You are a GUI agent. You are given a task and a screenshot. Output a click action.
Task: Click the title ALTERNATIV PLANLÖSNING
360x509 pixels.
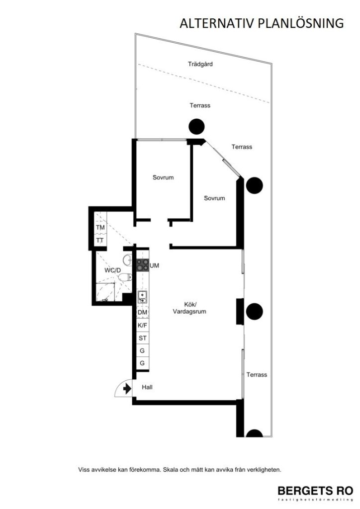pyautogui.click(x=262, y=23)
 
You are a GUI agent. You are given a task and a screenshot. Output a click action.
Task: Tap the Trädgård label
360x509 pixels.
pyautogui.click(x=200, y=64)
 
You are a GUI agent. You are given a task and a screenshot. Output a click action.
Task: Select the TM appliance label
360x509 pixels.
pyautogui.click(x=100, y=228)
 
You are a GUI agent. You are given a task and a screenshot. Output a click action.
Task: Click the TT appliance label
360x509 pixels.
pyautogui.click(x=100, y=240)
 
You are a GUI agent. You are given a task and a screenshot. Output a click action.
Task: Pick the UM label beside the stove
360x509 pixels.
pyautogui.click(x=155, y=266)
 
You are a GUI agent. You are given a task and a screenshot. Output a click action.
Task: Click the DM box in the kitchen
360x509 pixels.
pyautogui.click(x=143, y=312)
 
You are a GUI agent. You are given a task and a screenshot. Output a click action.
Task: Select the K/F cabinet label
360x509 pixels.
pyautogui.click(x=143, y=325)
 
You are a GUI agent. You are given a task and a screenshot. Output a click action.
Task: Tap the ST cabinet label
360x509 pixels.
pyautogui.click(x=143, y=338)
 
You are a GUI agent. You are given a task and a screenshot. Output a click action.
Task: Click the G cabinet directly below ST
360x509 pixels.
pyautogui.click(x=143, y=351)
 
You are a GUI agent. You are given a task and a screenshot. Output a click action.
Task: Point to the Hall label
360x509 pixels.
pyautogui.click(x=147, y=387)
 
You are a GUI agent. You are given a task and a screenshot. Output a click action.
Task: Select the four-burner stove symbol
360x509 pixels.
pyautogui.click(x=143, y=265)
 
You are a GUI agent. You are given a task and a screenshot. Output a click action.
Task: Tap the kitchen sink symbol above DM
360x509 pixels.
pyautogui.click(x=142, y=297)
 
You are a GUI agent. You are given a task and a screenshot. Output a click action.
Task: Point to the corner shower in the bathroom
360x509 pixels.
pyautogui.click(x=105, y=293)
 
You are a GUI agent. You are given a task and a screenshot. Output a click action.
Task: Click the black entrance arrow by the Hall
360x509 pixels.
pyautogui.click(x=127, y=388)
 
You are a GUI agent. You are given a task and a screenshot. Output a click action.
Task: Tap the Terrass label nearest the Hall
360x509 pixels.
pyautogui.click(x=257, y=375)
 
